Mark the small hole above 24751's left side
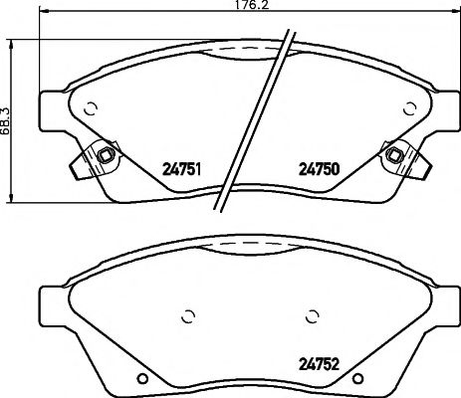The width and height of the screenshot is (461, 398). coord(90,110)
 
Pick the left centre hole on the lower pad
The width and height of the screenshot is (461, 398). coord(185,317)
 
